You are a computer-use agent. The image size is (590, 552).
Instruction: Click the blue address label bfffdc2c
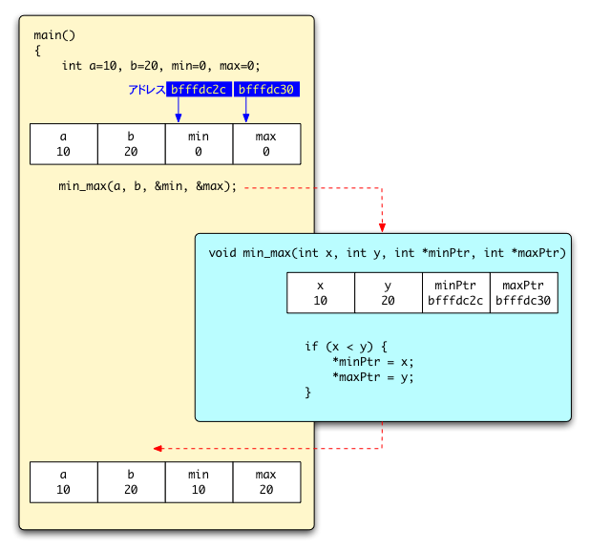(x=199, y=90)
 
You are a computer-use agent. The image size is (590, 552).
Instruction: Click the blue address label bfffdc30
(x=267, y=90)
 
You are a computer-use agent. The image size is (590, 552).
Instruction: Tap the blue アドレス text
(x=146, y=90)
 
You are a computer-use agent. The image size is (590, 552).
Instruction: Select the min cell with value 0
(x=199, y=144)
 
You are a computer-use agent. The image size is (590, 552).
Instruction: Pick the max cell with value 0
(x=266, y=144)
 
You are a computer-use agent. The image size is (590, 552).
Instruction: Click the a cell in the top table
(x=64, y=144)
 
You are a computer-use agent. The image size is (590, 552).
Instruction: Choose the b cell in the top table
(x=131, y=144)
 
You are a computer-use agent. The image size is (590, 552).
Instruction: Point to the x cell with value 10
(x=321, y=293)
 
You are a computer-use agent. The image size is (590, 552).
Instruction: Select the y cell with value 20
(x=389, y=293)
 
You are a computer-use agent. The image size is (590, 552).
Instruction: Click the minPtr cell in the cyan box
(x=455, y=293)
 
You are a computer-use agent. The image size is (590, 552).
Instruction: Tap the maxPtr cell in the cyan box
(x=523, y=293)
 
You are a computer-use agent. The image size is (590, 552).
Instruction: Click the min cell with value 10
(x=199, y=482)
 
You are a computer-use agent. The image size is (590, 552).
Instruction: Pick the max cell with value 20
(x=266, y=482)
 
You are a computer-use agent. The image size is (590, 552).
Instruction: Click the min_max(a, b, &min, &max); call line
(x=147, y=186)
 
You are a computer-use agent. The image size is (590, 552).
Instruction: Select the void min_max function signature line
(x=387, y=253)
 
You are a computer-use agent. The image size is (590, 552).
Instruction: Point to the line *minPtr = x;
(x=373, y=362)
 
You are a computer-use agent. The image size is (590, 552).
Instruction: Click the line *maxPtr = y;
(x=373, y=377)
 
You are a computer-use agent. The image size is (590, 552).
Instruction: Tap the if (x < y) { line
(x=346, y=347)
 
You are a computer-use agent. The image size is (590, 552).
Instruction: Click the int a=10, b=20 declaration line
(x=160, y=66)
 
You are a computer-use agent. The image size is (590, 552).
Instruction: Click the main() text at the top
(x=54, y=35)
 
